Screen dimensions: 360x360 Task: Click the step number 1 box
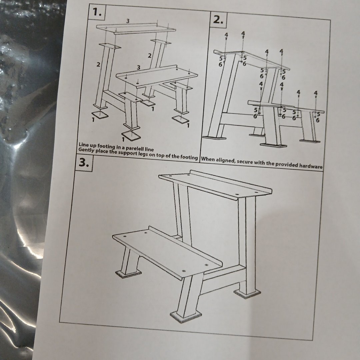[x=97, y=12]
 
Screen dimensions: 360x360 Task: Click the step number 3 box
[x=84, y=163]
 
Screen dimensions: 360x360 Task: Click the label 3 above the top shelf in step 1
[x=128, y=21]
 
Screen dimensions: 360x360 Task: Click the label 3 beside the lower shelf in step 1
[x=138, y=67]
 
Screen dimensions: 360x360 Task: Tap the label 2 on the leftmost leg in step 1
[x=98, y=65]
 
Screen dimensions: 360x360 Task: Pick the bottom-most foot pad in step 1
[x=131, y=135]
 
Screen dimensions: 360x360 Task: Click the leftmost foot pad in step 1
[x=99, y=115]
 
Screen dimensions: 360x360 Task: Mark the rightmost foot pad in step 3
[x=247, y=293]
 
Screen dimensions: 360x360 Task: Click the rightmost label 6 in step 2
[x=318, y=120]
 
